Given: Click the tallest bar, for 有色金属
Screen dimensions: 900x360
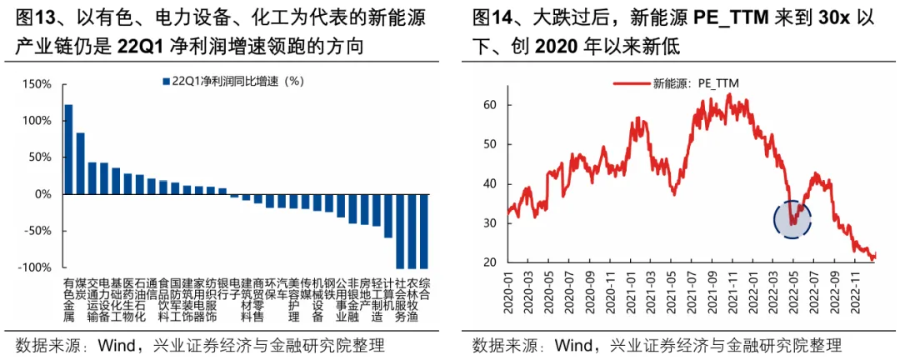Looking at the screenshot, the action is (68, 149).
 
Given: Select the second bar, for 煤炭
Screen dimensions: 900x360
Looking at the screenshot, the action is (80, 163).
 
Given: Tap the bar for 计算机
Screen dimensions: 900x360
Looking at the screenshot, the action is (388, 216).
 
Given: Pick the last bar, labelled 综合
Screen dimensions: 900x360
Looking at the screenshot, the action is (424, 232).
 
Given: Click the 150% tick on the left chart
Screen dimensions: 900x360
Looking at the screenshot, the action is (37, 84).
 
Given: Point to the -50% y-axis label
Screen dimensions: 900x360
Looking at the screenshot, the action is (38, 232).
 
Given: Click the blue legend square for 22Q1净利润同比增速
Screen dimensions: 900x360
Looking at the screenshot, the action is (166, 82).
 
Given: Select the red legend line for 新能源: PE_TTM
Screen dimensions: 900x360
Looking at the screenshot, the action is (632, 84).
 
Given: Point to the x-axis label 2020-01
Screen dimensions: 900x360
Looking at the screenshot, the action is (508, 293).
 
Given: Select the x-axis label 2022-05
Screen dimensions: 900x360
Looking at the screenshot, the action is (792, 293).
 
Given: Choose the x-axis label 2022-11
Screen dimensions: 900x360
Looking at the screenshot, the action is (853, 293).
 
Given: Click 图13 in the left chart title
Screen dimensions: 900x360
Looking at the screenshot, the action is (32, 19).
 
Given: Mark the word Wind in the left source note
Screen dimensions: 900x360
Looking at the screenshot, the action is (117, 346).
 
